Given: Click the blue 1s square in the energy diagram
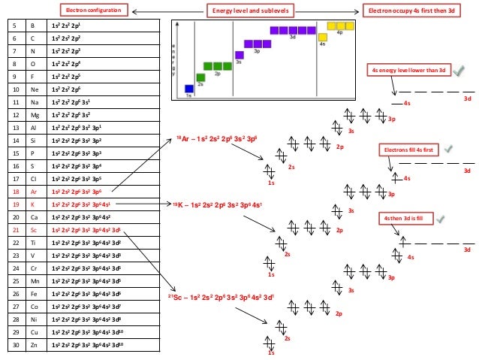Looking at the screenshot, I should pyautogui.click(x=189, y=89).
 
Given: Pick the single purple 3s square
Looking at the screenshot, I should pyautogui.click(x=239, y=55).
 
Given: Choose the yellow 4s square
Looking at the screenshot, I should pyautogui.click(x=322, y=37).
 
